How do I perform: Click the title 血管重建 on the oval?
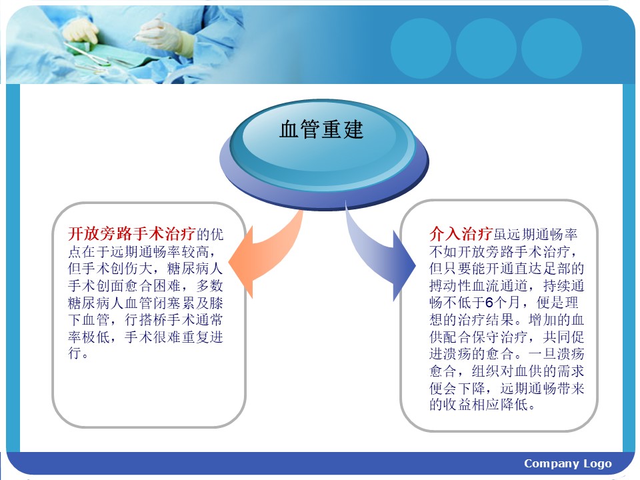pos(321,129)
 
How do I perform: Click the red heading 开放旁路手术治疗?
pos(132,234)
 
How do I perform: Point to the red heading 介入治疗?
pos(461,234)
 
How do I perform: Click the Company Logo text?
pos(568,463)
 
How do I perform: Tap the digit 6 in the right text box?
pos(489,303)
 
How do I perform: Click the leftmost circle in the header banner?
pos(421,48)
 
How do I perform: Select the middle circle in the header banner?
pos(486,48)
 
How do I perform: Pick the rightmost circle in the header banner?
pos(551,48)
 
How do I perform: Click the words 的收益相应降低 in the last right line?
pos(479,405)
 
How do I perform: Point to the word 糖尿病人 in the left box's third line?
pos(195,268)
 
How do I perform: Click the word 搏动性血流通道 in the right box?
pos(479,285)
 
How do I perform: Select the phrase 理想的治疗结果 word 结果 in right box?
pos(500,319)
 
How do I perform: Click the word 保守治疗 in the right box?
pos(500,337)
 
